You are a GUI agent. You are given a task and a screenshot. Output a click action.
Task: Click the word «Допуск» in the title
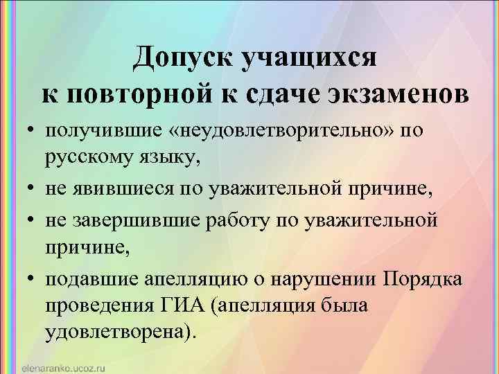182,57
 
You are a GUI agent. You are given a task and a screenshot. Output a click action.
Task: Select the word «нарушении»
319,280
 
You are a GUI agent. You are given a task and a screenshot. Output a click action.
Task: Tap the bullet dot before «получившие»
33,132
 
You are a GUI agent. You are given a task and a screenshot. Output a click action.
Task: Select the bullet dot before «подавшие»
33,281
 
